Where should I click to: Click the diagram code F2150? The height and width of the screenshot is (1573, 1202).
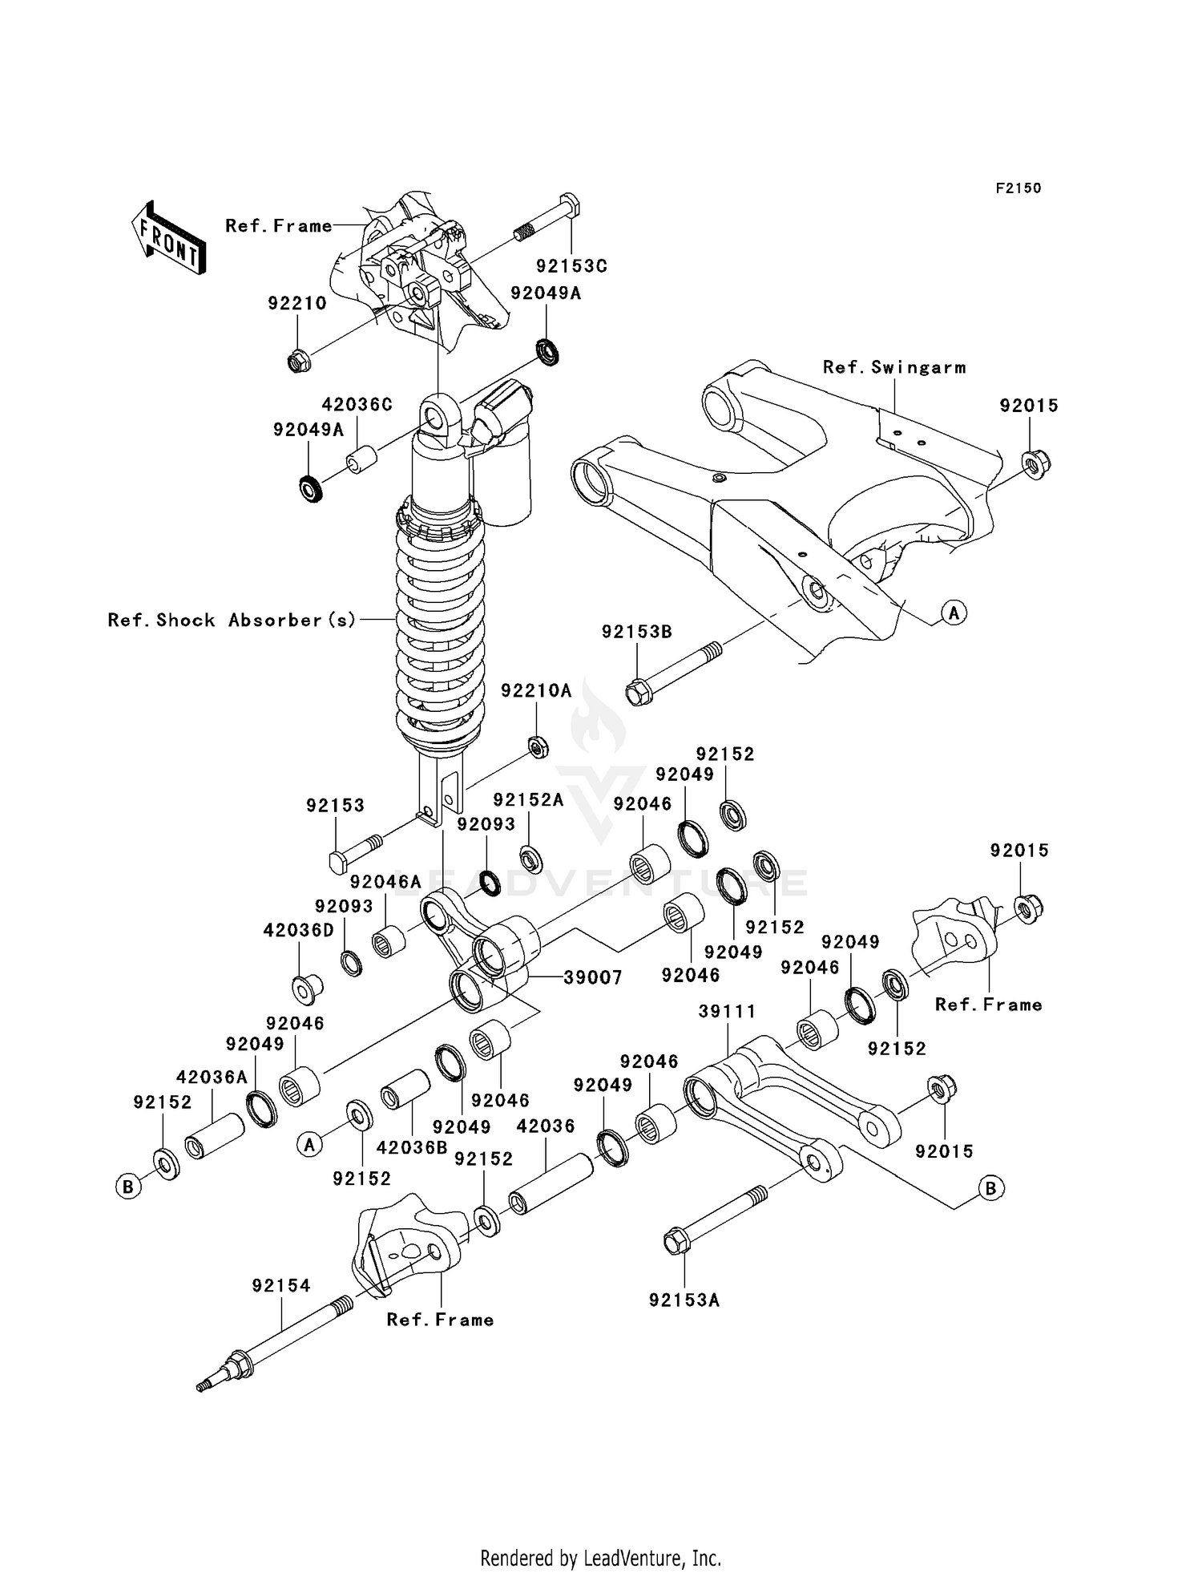[x=1018, y=188]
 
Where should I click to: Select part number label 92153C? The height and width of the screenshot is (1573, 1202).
[x=571, y=266]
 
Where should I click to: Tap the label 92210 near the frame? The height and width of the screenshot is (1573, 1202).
[x=297, y=304]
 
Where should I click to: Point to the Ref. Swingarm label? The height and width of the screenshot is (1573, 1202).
[x=894, y=368]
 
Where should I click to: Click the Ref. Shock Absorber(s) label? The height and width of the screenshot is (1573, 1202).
[x=232, y=621]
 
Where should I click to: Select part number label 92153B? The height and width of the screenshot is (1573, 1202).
[x=637, y=633]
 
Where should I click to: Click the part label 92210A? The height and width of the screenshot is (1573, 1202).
[x=536, y=691]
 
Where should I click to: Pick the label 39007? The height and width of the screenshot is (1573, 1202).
[x=593, y=977]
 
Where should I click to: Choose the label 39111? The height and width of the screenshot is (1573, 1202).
[x=727, y=1012]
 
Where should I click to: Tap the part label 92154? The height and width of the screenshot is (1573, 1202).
[x=281, y=1286]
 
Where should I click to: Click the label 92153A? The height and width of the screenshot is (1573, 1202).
[x=684, y=1300]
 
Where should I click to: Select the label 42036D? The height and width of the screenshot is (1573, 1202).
[x=298, y=931]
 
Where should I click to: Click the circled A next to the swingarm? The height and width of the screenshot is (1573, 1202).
[x=954, y=613]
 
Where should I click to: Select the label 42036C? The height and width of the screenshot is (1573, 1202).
[x=357, y=405]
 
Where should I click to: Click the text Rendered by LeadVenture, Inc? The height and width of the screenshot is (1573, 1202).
[x=600, y=1558]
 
